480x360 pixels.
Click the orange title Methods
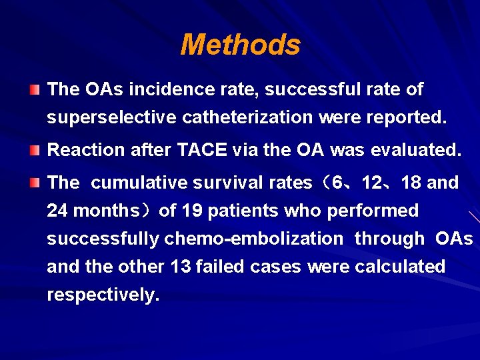click(240, 45)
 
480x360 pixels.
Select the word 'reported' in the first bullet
click(407, 118)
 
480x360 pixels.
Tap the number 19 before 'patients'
click(191, 211)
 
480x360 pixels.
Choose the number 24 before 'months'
click(57, 211)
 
